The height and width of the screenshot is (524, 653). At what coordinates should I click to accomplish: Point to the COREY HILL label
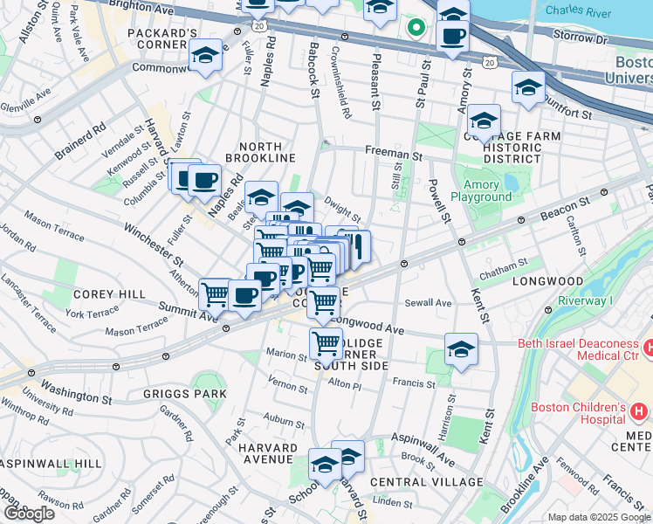pyautogui.click(x=109, y=295)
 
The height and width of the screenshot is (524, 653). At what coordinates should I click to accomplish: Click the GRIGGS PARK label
pyautogui.click(x=184, y=394)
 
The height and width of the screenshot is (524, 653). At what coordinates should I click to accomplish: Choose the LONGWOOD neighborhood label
pyautogui.click(x=547, y=282)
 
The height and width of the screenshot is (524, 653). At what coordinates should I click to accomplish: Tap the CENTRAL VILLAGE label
pyautogui.click(x=426, y=482)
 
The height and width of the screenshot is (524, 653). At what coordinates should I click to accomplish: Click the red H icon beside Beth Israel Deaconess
pyautogui.click(x=648, y=348)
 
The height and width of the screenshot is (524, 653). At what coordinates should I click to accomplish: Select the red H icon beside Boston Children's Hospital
pyautogui.click(x=638, y=410)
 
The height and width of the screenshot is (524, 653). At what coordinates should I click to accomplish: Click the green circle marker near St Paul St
pyautogui.click(x=417, y=27)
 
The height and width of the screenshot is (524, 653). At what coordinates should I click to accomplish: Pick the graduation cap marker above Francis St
pyautogui.click(x=461, y=349)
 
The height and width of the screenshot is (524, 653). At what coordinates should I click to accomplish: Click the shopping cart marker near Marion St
pyautogui.click(x=326, y=343)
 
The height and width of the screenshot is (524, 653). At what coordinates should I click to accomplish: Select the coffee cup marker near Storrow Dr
pyautogui.click(x=452, y=36)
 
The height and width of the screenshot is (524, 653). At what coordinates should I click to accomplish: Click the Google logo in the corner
pyautogui.click(x=29, y=514)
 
